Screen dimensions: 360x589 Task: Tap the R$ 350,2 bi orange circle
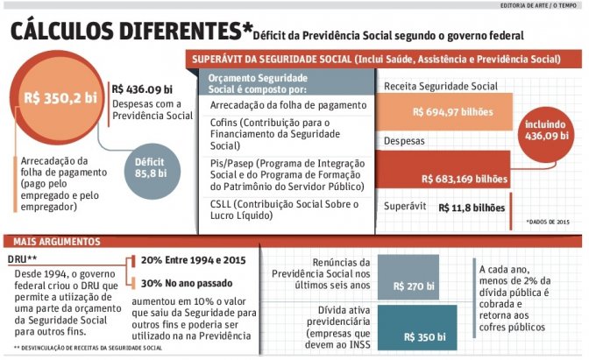tap(60, 97)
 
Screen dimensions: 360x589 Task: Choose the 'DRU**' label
tap(21, 260)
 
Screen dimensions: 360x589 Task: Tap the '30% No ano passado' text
tap(184, 282)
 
